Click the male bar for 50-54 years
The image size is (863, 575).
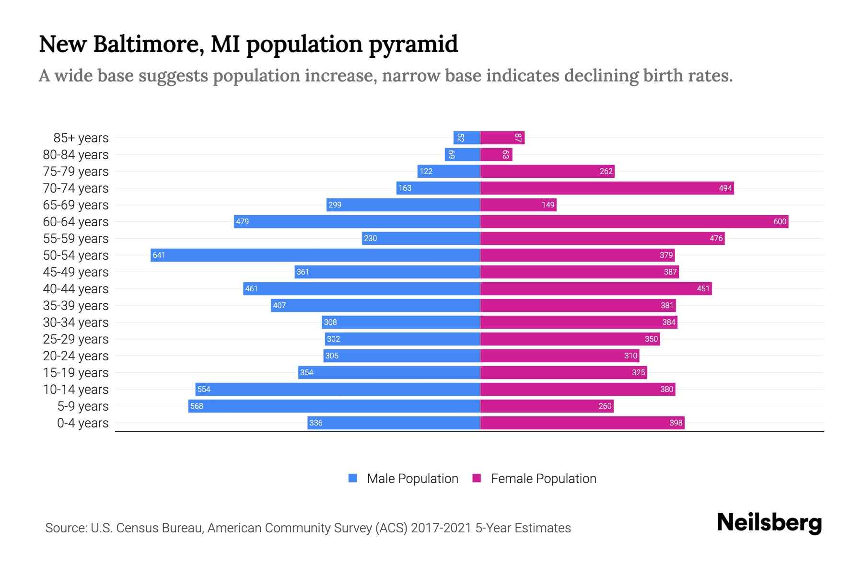click(x=315, y=255)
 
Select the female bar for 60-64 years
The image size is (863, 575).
click(x=634, y=221)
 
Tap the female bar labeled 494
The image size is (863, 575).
click(x=606, y=188)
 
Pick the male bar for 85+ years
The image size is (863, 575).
click(x=466, y=138)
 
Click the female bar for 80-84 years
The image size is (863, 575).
click(x=496, y=154)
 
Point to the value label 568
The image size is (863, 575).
click(x=197, y=406)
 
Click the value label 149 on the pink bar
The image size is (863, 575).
click(x=548, y=205)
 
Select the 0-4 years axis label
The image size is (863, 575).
click(x=82, y=423)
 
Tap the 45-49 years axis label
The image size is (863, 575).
click(x=76, y=272)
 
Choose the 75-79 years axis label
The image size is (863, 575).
click(x=76, y=172)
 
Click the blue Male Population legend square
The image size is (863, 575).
click(x=353, y=478)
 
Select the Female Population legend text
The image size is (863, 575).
click(x=543, y=478)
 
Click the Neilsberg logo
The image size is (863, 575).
click(x=769, y=523)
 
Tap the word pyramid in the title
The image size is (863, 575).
click(x=413, y=45)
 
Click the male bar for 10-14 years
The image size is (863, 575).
click(x=338, y=389)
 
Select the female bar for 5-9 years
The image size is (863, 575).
click(x=547, y=406)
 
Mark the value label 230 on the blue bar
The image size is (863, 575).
click(x=370, y=238)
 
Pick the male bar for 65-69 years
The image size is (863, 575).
click(x=403, y=205)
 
